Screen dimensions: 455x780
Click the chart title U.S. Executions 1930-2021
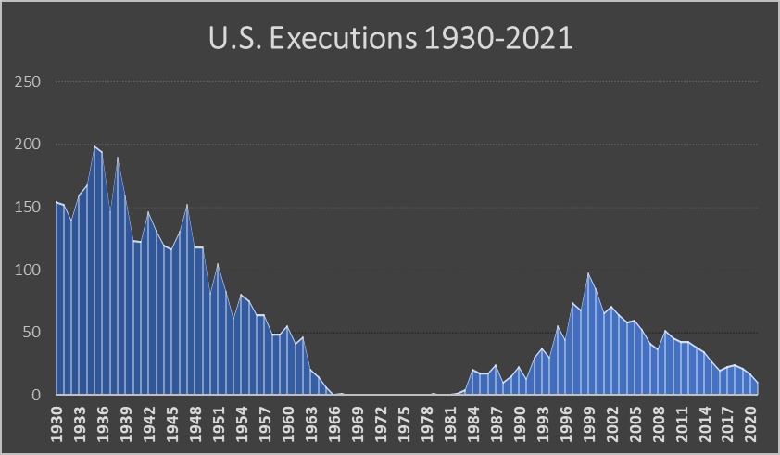click(x=389, y=42)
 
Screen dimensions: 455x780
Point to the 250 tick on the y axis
click(x=30, y=82)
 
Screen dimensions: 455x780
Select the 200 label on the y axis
click(x=30, y=145)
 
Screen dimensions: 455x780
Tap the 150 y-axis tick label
click(x=30, y=208)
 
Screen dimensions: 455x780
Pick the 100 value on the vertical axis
click(x=30, y=271)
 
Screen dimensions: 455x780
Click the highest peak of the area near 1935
click(x=94, y=146)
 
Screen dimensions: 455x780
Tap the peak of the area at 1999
click(x=588, y=273)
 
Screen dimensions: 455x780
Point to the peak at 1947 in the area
click(x=187, y=205)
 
